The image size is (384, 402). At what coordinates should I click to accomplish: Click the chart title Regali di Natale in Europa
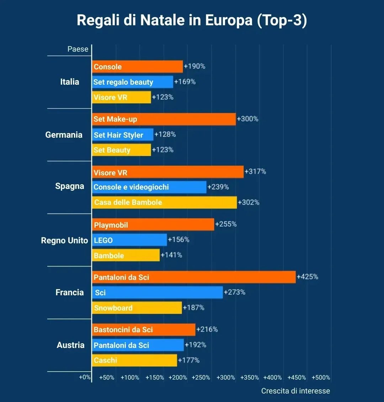192,21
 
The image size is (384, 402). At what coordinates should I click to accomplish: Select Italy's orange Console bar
137,67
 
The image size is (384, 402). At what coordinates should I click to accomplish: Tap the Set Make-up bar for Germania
164,119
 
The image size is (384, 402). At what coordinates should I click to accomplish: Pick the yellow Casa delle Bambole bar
164,202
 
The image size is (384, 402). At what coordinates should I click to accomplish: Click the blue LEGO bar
129,240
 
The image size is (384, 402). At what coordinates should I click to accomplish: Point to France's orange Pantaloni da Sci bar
194,277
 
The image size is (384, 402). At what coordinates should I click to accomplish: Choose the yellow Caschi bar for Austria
134,360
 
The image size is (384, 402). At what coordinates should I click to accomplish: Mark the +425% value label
308,277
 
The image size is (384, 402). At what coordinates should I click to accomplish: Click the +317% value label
255,171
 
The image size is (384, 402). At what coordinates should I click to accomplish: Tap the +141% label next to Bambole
171,255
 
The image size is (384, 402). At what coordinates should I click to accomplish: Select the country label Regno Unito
64,240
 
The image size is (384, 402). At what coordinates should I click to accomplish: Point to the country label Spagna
70,186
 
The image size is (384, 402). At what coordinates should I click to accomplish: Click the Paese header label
78,49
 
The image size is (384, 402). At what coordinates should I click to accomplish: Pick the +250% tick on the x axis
201,377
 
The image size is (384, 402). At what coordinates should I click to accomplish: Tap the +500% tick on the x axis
321,377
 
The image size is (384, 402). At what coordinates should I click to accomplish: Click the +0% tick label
85,377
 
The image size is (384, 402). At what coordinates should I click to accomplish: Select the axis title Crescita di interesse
295,391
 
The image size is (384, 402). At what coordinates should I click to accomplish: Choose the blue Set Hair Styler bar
123,135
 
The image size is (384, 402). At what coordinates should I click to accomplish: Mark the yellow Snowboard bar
137,308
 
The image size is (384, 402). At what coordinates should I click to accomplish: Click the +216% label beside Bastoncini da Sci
207,329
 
